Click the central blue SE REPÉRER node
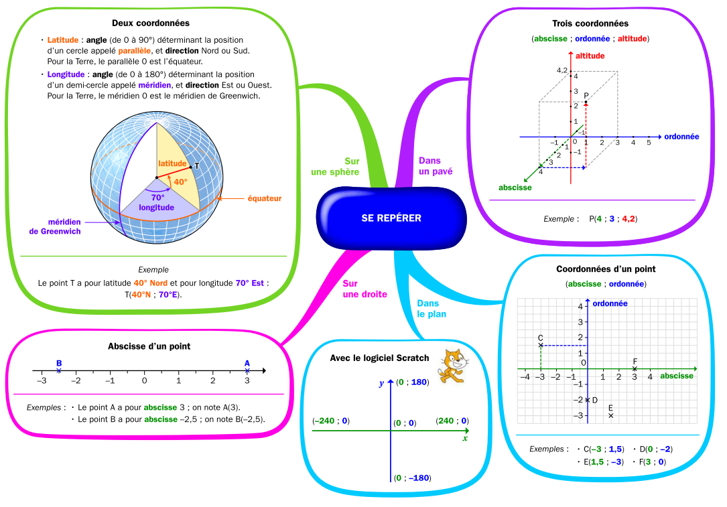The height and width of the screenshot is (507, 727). pos(391,218)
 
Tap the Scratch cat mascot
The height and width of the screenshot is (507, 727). pos(452,366)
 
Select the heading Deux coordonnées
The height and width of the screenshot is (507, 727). pos(151,23)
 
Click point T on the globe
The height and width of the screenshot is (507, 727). pos(191,167)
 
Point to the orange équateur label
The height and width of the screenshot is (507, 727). pos(264,198)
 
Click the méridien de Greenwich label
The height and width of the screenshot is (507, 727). pos(55,226)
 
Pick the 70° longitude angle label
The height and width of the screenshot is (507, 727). pos(157,202)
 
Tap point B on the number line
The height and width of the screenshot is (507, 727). pos(59,371)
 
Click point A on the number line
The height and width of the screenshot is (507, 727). pos(247,371)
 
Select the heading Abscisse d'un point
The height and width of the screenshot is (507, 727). pos(149,346)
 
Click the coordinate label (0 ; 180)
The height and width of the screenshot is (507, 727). pos(412,382)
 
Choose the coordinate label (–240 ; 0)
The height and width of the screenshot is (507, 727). pos(331,421)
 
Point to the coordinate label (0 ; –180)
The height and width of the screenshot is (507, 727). pos(412,478)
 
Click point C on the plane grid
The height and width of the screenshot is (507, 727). pos(541,346)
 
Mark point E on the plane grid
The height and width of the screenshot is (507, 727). pos(610,416)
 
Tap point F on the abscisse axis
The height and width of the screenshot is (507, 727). pos(635,369)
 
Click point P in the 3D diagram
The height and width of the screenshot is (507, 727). pos(586,102)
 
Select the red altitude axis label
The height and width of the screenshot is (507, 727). pos(590,56)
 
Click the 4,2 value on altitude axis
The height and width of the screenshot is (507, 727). pos(562,70)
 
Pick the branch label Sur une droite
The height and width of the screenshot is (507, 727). pos(365,289)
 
